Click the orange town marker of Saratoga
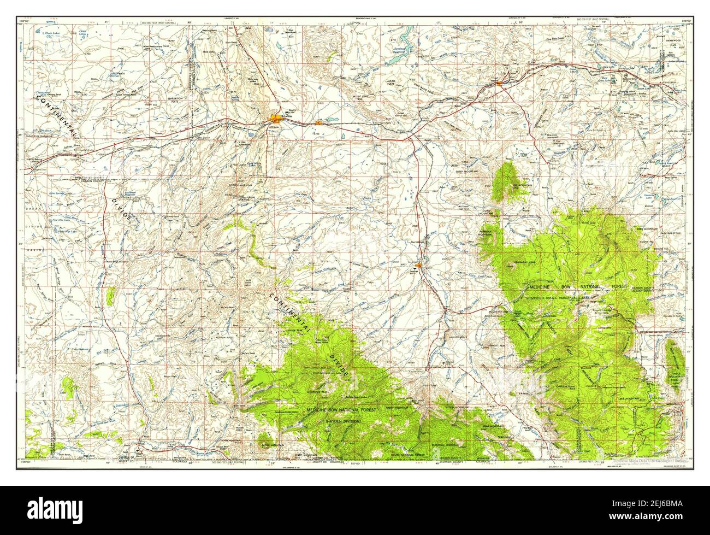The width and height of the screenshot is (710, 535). (x=418, y=266)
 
